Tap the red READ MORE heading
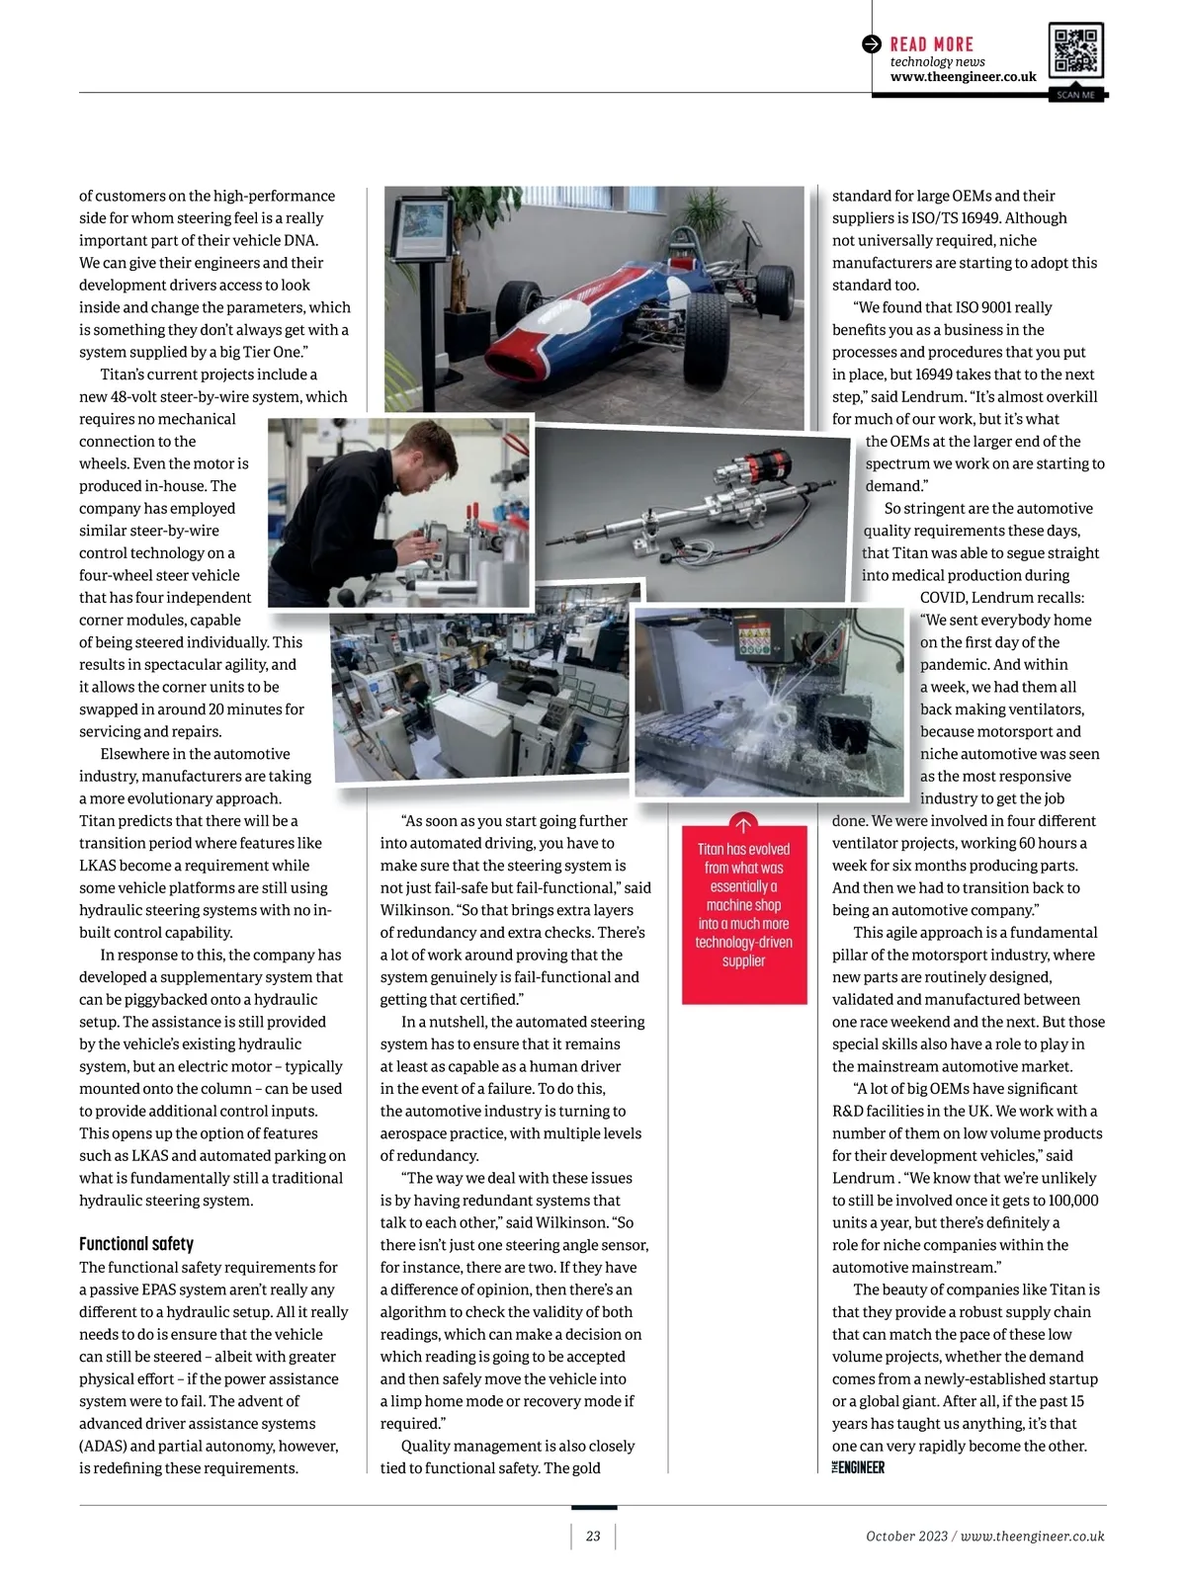coord(931,44)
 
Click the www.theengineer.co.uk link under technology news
coord(963,77)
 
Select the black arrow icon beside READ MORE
coord(871,44)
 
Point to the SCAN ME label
coord(1075,95)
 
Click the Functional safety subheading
coord(136,1244)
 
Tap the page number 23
coord(593,1536)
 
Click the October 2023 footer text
coord(906,1536)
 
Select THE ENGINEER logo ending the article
coord(858,1467)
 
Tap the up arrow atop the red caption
coord(743,824)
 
